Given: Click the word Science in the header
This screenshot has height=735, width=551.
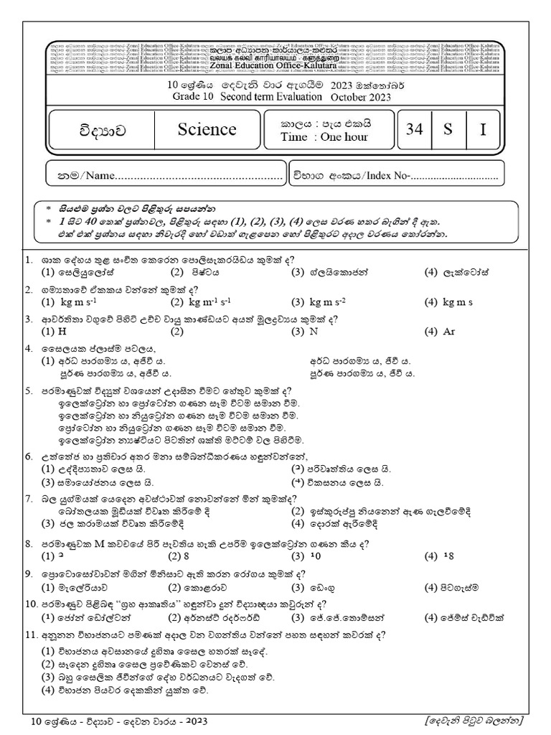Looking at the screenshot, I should click(x=207, y=129).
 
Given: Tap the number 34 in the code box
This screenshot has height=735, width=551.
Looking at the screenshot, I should click(x=414, y=129).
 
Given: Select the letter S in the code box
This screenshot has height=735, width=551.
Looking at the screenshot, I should click(x=447, y=129).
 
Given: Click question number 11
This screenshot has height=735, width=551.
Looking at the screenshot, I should click(x=30, y=635).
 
